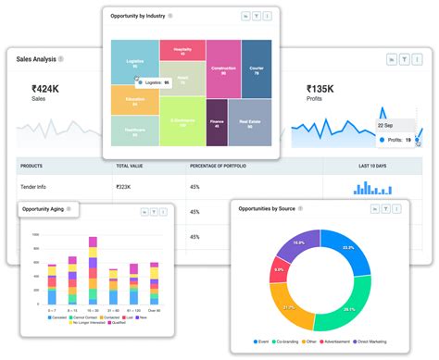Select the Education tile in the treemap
coord(135,100)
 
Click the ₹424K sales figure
coord(45,89)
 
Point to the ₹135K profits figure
coord(320,89)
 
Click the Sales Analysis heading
coord(36,58)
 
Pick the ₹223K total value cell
coord(123,186)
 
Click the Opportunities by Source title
coord(267,209)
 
